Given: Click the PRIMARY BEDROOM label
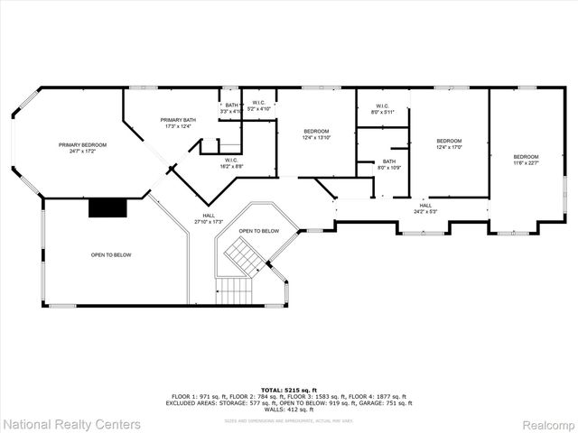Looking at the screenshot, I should click(x=83, y=145).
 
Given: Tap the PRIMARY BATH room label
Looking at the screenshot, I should click(x=178, y=120).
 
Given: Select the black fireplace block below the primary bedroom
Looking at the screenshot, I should click(x=107, y=207).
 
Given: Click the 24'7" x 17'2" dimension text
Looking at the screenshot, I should click(x=83, y=152).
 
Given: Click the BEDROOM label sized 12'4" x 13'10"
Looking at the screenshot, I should click(x=316, y=132).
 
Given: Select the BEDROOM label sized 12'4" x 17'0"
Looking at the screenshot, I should click(x=449, y=141).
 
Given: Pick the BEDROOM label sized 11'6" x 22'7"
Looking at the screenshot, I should click(x=526, y=156).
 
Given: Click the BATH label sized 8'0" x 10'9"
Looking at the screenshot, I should click(x=388, y=161).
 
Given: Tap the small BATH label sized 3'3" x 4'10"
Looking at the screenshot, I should click(x=232, y=106).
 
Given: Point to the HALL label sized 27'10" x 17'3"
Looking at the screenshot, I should click(x=209, y=216).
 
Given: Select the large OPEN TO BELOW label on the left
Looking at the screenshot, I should click(x=111, y=255).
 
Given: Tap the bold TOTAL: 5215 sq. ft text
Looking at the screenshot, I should click(x=289, y=389).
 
